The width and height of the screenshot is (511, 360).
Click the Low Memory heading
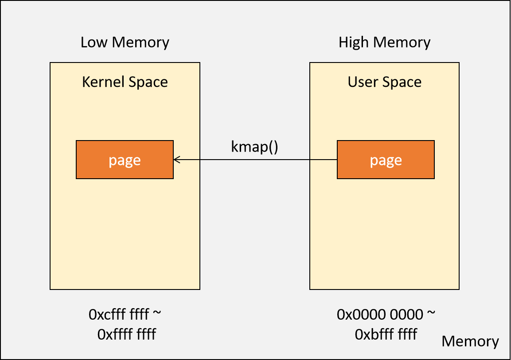coord(125,43)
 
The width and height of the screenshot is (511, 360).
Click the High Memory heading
coord(384,43)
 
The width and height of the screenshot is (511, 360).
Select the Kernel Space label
coord(125,82)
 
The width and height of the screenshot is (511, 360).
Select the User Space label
coord(384,82)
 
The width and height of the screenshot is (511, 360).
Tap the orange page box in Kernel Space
coord(125,160)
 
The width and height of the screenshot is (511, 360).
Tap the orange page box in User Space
coord(386,160)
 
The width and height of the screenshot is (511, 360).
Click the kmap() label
coord(254,147)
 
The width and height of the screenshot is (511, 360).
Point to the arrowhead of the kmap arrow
coord(176,160)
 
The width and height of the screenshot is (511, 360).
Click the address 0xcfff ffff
coord(119,314)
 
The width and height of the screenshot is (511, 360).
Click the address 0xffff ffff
coord(126,334)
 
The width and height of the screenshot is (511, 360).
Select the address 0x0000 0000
coord(380,314)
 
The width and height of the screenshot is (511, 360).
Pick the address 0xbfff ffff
coord(386,334)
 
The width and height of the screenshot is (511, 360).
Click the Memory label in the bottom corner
coord(470,341)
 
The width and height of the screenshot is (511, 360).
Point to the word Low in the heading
coord(94,43)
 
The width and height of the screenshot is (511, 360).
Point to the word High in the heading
coord(353,43)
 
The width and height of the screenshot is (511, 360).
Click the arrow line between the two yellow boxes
coord(255,160)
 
